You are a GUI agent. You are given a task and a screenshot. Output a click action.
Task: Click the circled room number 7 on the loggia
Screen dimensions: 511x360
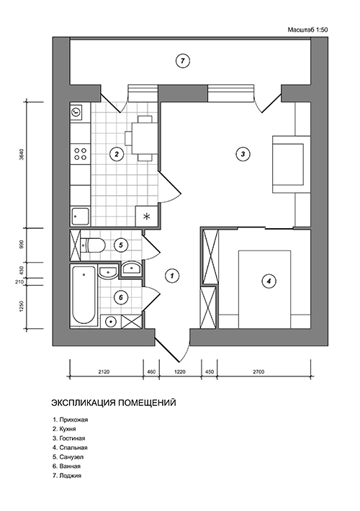tap(184, 61)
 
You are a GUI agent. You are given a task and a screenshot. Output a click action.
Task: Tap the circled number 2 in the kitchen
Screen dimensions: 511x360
tap(115, 153)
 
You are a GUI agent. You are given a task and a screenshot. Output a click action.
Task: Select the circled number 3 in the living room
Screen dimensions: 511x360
tap(243, 153)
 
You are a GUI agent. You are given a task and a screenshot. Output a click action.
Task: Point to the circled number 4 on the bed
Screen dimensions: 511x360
tap(268, 281)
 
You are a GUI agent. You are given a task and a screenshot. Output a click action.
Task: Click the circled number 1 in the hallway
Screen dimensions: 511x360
tap(171, 275)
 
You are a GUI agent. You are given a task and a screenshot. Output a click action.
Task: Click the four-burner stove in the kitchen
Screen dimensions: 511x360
tap(80, 153)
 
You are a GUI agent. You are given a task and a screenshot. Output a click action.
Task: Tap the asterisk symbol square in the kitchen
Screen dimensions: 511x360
tap(147, 216)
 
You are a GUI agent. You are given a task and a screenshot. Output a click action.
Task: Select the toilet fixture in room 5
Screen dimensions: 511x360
tap(89, 246)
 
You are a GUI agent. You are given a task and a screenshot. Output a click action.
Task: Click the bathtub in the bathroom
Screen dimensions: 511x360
tap(82, 295)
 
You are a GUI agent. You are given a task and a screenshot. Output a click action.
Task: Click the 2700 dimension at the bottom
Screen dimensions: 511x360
tap(259, 372)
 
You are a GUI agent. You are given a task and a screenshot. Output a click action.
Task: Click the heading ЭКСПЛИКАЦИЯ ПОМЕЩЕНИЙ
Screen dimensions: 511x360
tap(114, 403)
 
